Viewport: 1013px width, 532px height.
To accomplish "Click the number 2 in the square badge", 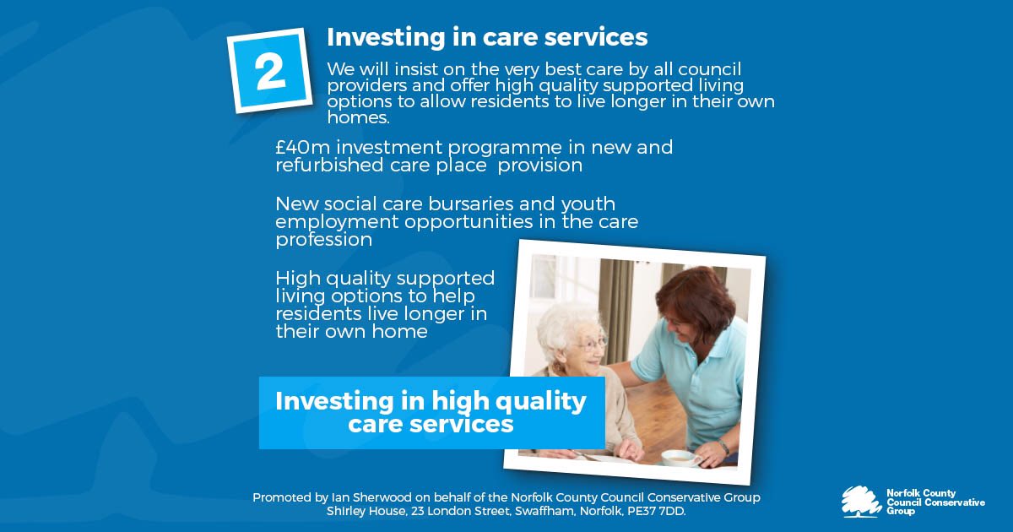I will (270, 72).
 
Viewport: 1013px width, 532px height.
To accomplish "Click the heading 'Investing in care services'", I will (487, 37).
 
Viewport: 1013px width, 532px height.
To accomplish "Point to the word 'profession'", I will (323, 240).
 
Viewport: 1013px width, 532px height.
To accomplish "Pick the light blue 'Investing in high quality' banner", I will (431, 411).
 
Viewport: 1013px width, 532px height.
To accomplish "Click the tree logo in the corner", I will (860, 501).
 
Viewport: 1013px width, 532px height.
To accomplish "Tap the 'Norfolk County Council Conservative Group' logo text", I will (934, 502).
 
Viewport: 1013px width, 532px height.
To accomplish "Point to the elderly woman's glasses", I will (593, 342).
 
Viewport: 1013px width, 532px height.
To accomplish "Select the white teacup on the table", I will (680, 457).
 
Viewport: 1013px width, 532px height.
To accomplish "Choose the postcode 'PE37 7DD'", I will (658, 512).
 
